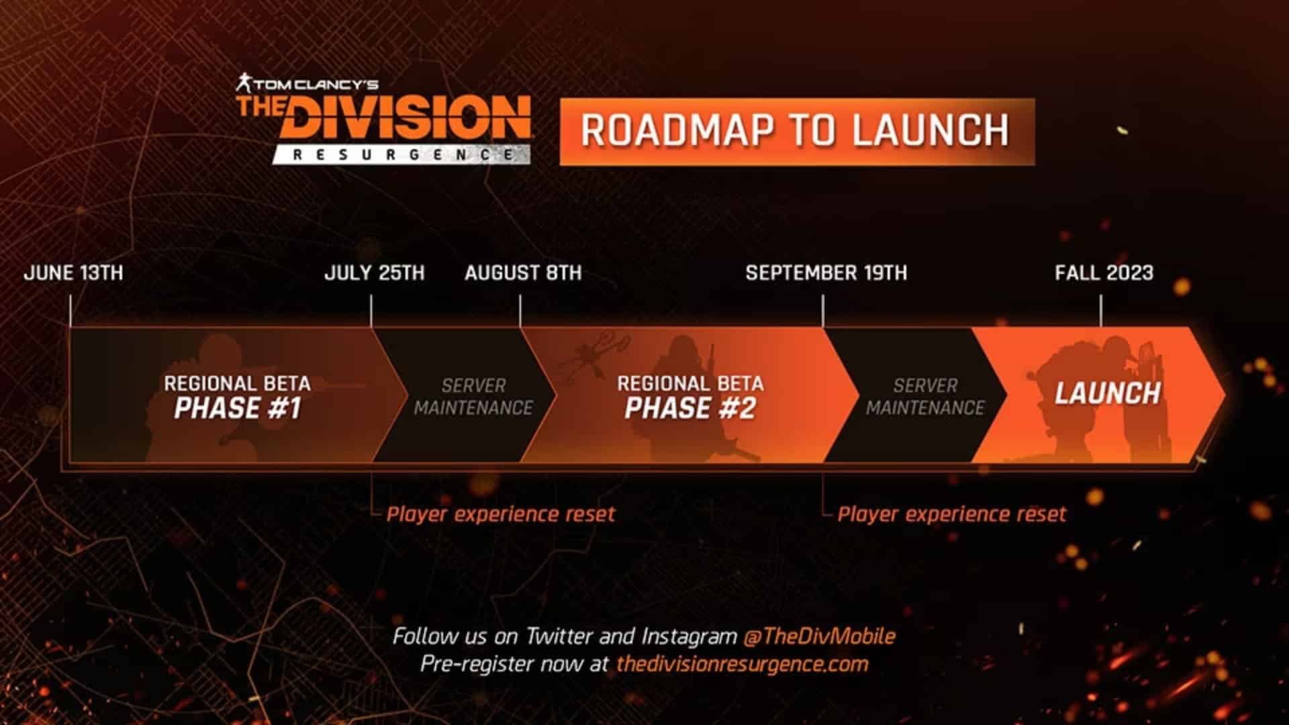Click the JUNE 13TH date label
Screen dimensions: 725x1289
coord(73,273)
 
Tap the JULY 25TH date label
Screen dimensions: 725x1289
coord(374,273)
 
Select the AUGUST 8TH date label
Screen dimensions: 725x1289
coord(523,273)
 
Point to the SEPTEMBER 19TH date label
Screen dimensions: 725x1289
coord(826,273)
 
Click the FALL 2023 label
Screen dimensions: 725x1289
coord(1104,273)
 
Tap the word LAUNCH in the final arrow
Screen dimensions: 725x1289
coord(1107,393)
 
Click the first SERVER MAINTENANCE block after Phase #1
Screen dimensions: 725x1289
coord(473,396)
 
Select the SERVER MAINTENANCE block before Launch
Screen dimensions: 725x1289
coord(925,396)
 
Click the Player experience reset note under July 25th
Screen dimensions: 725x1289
coord(500,514)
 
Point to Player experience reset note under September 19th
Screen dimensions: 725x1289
coord(951,514)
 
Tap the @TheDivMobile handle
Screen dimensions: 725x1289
coord(819,636)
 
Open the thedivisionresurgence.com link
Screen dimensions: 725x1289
coord(742,664)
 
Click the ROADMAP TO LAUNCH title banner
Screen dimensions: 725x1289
coord(796,131)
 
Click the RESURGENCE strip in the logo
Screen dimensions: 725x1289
coord(401,155)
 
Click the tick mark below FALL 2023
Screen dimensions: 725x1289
coord(1101,311)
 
